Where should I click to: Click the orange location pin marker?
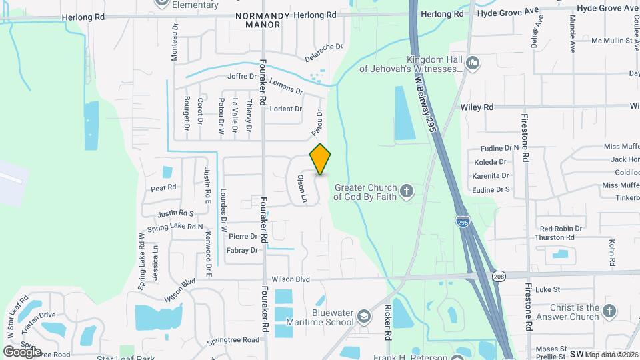[x=321, y=159]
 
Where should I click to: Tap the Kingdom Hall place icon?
[x=473, y=63]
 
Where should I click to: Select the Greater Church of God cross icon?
[x=407, y=192]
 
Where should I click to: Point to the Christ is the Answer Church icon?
[x=610, y=311]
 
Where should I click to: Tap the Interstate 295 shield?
[x=462, y=221]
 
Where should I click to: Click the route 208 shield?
[x=499, y=275]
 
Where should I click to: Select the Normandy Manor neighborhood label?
[x=257, y=19]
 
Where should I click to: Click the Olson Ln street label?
[x=302, y=189]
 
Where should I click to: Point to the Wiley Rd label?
[x=477, y=107]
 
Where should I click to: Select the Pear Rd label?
[x=163, y=187]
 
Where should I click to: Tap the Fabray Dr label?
[x=242, y=251]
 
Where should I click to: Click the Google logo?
[x=22, y=351]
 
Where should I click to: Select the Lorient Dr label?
[x=285, y=109]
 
